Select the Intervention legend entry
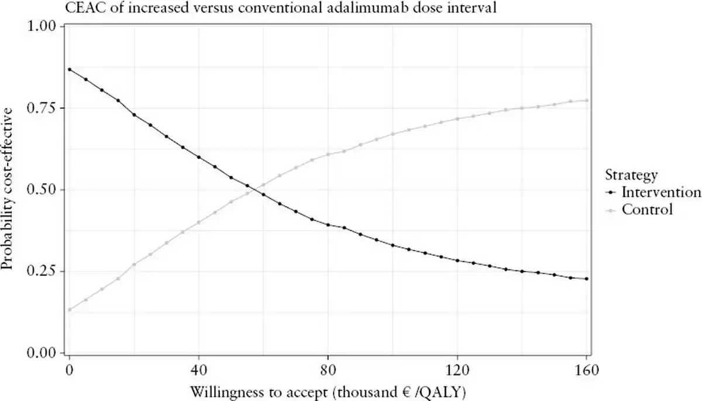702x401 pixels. point(660,193)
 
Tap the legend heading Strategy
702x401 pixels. point(631,175)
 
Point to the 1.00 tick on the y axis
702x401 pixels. point(43,27)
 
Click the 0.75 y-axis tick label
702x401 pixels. point(43,108)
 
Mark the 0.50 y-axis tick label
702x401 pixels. point(43,190)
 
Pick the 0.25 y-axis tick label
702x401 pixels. point(43,272)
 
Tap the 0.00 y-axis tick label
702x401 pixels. point(43,353)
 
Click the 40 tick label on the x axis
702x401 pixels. point(199,371)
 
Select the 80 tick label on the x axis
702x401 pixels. point(328,371)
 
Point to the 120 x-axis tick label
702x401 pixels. point(457,371)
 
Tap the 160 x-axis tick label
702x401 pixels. point(586,371)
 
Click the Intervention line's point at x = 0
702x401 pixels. point(70,70)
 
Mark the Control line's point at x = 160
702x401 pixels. point(586,101)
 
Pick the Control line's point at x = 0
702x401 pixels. point(70,310)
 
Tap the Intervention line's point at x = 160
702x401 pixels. point(586,279)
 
